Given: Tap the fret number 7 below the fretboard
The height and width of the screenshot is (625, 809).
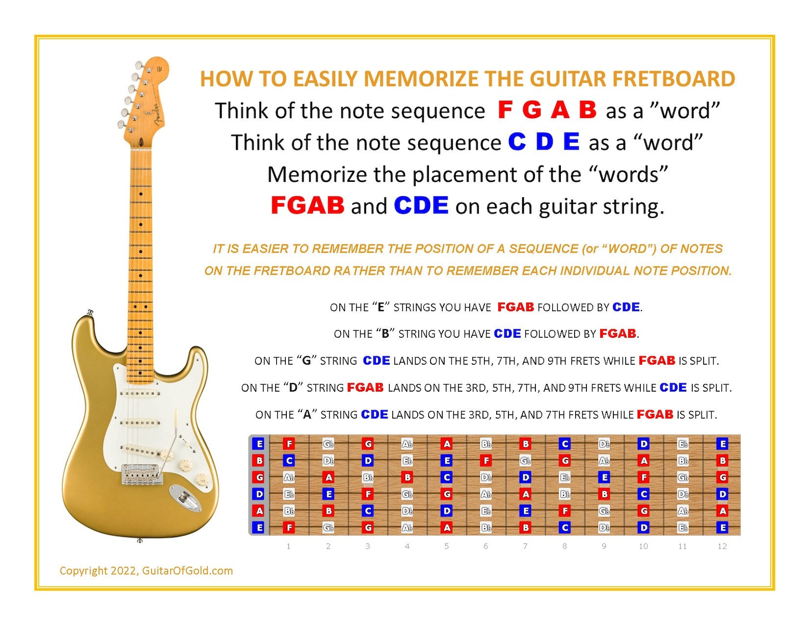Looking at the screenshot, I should pyautogui.click(x=525, y=546).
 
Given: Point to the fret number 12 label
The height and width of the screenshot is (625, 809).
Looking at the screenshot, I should pyautogui.click(x=722, y=546).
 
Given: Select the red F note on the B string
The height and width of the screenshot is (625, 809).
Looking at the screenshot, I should pyautogui.click(x=486, y=460).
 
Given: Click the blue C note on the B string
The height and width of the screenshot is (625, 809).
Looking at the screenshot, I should pyautogui.click(x=289, y=460).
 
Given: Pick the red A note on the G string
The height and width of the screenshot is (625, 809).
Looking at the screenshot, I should pyautogui.click(x=329, y=477).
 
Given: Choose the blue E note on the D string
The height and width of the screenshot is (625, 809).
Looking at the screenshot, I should pyautogui.click(x=329, y=494).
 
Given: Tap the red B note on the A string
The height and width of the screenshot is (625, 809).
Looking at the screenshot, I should pyautogui.click(x=329, y=511).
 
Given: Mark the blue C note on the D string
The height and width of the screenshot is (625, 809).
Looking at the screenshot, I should pyautogui.click(x=643, y=494).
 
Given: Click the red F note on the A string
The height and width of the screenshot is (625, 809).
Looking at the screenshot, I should pyautogui.click(x=564, y=511).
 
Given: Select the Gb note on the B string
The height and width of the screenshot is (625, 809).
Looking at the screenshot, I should pyautogui.click(x=525, y=460).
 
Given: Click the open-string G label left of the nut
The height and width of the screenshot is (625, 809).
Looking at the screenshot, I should pyautogui.click(x=259, y=477).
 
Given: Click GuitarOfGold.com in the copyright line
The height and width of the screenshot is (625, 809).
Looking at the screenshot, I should pyautogui.click(x=187, y=570).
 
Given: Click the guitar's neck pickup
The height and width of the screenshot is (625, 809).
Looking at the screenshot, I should pyautogui.click(x=140, y=393).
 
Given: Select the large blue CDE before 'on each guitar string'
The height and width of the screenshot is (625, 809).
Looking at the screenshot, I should pyautogui.click(x=421, y=205).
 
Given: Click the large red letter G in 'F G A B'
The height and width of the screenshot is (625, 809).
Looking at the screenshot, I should pyautogui.click(x=532, y=110).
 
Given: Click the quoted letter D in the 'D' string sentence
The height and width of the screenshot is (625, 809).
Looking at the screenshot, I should pyautogui.click(x=293, y=388).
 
